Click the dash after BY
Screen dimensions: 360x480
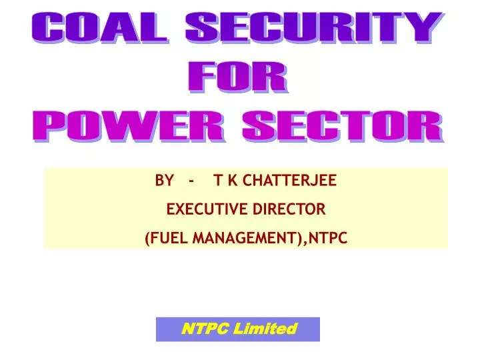192,180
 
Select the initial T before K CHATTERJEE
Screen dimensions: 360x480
217,180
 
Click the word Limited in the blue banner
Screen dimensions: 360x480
269,329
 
